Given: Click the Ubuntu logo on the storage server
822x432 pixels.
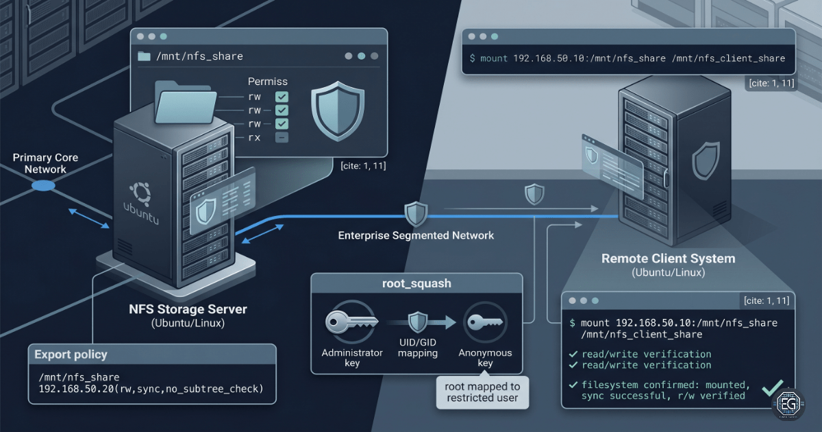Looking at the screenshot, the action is coord(140,193).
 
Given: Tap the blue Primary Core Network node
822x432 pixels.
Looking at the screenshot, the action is coord(43,186).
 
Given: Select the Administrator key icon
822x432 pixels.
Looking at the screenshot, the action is coord(351,322).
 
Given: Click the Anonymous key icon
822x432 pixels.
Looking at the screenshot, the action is coord(485,322).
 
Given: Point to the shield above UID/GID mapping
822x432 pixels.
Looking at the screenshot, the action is coord(418,322).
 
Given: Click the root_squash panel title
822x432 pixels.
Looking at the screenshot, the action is coord(416,284).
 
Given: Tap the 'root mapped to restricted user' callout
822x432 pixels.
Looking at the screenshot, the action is coord(482,392).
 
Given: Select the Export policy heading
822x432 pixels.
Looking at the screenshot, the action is coord(71,355).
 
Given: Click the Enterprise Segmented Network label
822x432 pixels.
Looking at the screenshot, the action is coord(416,235).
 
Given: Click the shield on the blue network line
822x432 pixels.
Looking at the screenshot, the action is coord(416,214).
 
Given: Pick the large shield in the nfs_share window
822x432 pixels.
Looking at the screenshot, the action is coord(338,111).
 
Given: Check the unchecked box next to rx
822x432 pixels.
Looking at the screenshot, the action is coord(282,137).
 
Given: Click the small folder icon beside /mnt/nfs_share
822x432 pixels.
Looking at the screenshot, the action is coord(144,56).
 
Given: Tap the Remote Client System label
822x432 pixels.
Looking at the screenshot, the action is coord(669,259).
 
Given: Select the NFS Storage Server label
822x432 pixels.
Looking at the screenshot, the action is coord(188,309).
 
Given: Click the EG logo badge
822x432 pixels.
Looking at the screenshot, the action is coord(788,405).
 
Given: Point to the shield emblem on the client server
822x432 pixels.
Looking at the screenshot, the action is coord(706,161).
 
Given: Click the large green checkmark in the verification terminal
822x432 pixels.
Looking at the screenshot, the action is coord(773,388).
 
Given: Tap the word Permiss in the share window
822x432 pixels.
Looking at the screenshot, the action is coord(268,82).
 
